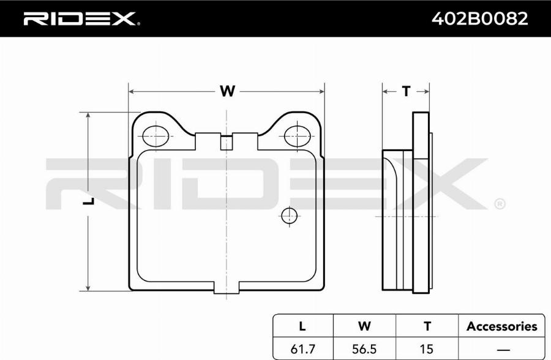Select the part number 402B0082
(x=479, y=18)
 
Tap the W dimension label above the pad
(x=227, y=91)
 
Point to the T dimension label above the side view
(x=407, y=91)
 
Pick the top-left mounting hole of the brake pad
(x=156, y=136)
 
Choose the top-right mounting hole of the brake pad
(x=298, y=136)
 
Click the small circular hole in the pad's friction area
(x=289, y=216)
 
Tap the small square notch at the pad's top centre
(x=227, y=143)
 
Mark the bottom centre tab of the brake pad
(x=227, y=287)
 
